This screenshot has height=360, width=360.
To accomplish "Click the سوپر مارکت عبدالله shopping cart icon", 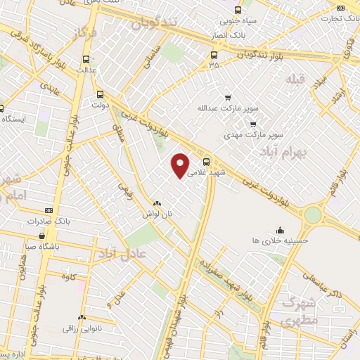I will point(226,98).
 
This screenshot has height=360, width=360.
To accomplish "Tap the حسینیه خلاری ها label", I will point(280,240).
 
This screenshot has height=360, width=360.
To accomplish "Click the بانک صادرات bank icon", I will point(48,210).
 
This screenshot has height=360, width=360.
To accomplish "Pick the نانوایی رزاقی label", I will point(83,328).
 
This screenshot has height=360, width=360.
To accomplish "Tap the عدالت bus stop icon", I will point(86,60).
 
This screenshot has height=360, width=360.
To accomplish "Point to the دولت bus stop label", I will point(98,103).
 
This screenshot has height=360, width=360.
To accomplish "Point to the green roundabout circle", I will point(313,214).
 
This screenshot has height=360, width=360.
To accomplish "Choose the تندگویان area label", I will point(152,25).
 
